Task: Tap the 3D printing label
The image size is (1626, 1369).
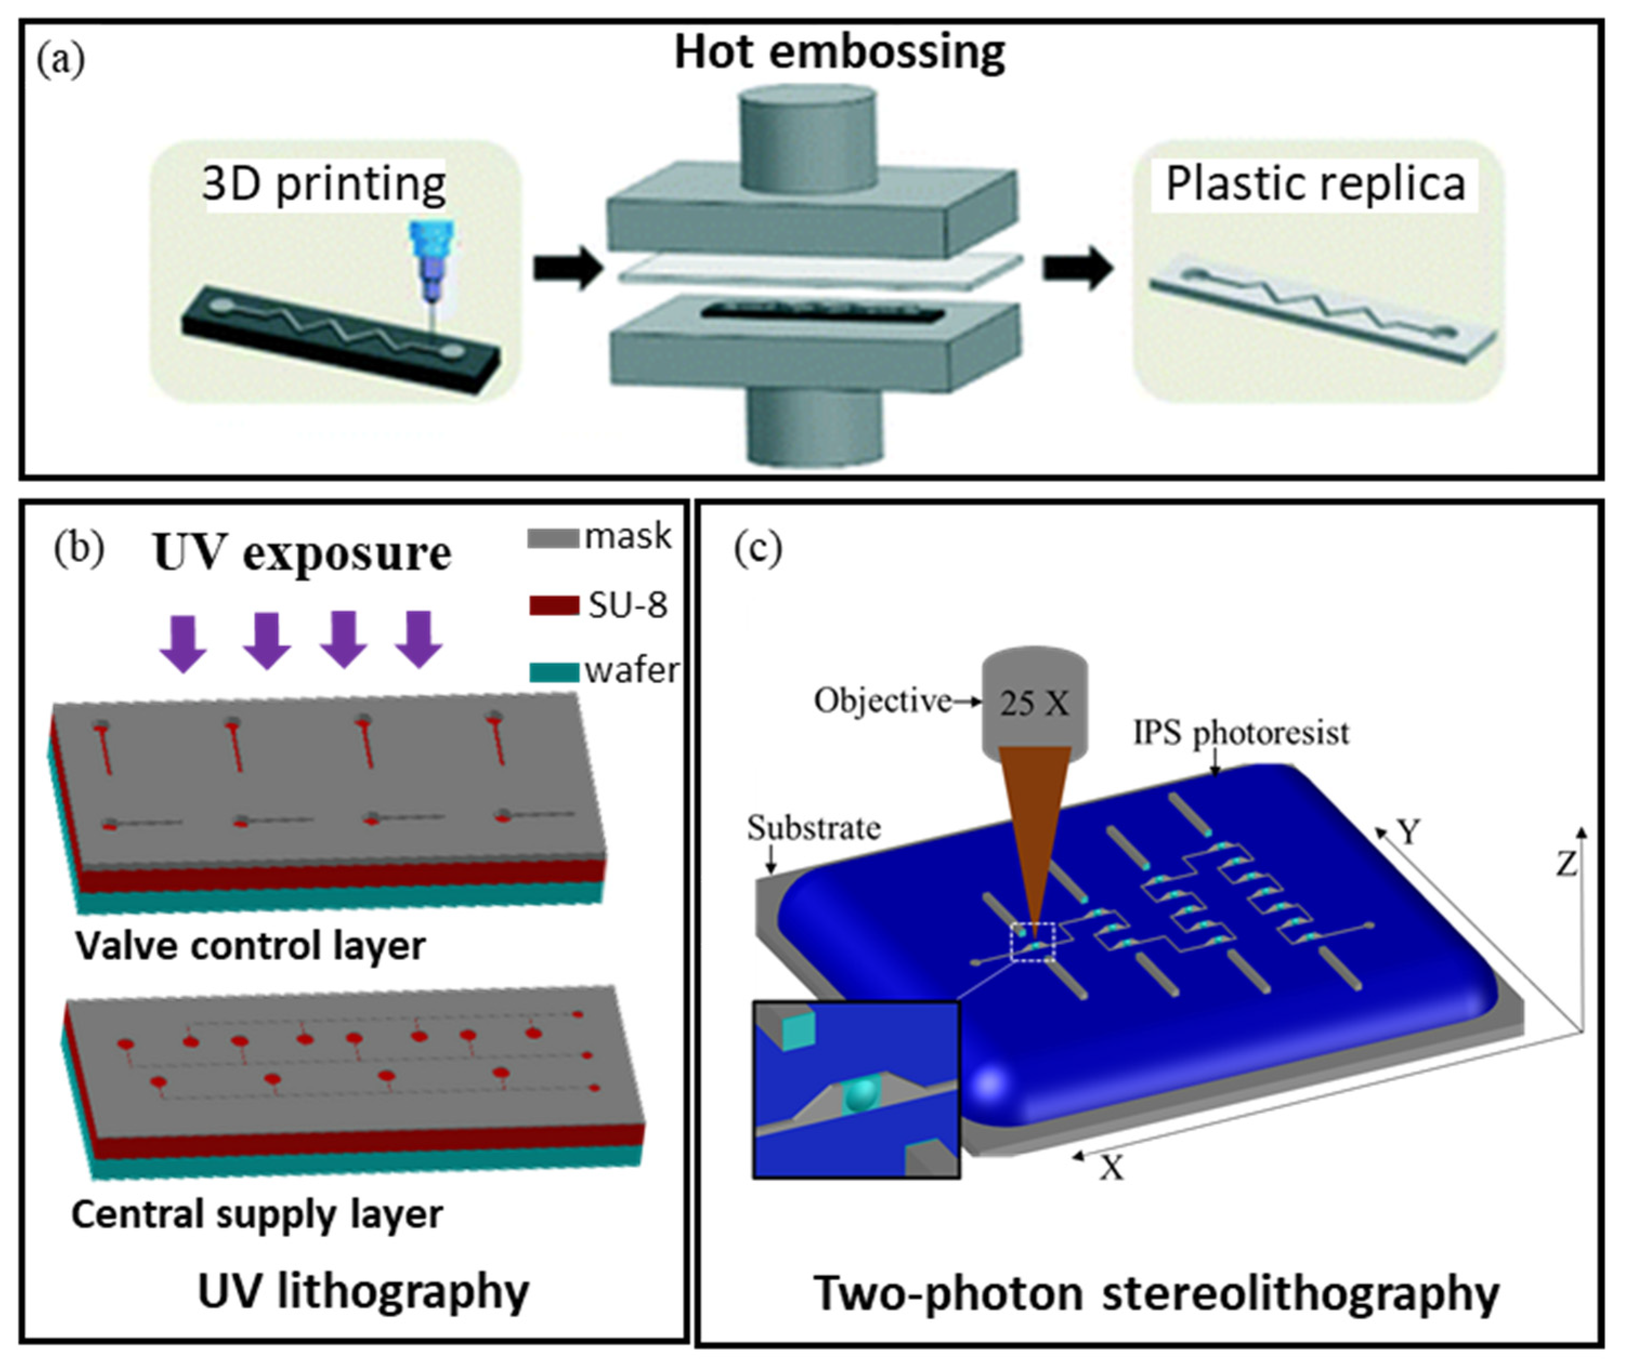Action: (324, 184)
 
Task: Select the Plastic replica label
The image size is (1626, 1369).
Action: (1315, 184)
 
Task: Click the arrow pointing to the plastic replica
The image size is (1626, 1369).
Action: (1077, 268)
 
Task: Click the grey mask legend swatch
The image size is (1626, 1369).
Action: (553, 538)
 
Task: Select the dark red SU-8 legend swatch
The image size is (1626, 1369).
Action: (553, 605)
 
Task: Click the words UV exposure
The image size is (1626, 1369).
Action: (302, 553)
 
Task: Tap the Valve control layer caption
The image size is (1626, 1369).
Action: (250, 946)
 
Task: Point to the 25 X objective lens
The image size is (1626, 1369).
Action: (1034, 703)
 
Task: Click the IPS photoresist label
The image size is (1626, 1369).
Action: (1241, 732)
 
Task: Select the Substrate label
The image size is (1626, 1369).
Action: (814, 828)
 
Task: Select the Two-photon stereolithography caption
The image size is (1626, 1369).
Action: (1156, 1294)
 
